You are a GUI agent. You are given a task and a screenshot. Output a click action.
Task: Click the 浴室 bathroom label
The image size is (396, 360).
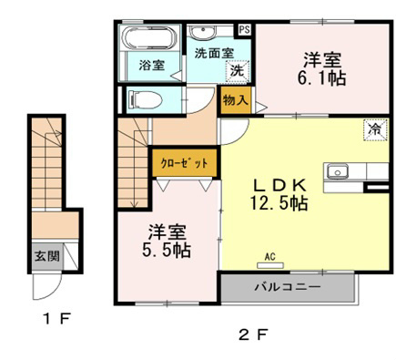pyautogui.click(x=151, y=66)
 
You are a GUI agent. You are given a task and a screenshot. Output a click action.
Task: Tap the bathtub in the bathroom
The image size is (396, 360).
pyautogui.click(x=150, y=40)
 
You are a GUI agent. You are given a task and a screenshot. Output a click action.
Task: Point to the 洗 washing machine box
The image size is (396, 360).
pyautogui.click(x=236, y=71)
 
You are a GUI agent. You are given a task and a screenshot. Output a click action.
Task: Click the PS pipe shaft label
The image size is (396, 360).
pyautogui.click(x=245, y=29)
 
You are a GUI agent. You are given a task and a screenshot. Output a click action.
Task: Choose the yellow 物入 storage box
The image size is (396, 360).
pyautogui.click(x=235, y=98)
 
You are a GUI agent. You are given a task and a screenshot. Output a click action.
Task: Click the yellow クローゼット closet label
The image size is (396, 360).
pyautogui.click(x=185, y=163)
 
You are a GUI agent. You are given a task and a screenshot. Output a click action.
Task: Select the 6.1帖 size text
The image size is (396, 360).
pyautogui.click(x=323, y=79)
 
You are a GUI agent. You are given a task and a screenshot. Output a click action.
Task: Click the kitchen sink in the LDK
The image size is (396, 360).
pyautogui.click(x=338, y=171)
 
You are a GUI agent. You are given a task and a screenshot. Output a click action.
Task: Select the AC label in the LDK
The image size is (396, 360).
pyautogui.click(x=269, y=256)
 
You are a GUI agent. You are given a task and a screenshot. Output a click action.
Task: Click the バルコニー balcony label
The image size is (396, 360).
pyautogui.click(x=286, y=287)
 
